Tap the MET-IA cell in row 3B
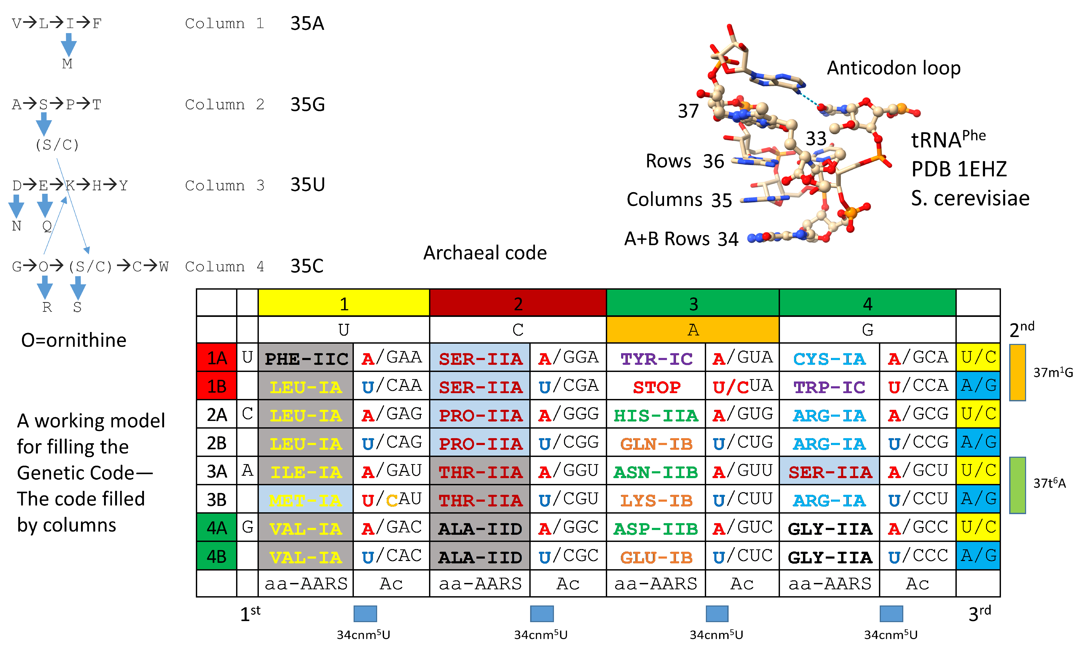point(306,500)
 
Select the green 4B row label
point(216,556)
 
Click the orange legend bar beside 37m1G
point(1017,372)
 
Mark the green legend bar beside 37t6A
point(1017,485)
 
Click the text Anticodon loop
point(893,68)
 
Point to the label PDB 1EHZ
point(959,169)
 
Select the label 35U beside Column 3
point(307,185)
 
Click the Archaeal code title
point(485,253)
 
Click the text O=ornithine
point(74,340)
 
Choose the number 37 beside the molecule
point(688,111)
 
